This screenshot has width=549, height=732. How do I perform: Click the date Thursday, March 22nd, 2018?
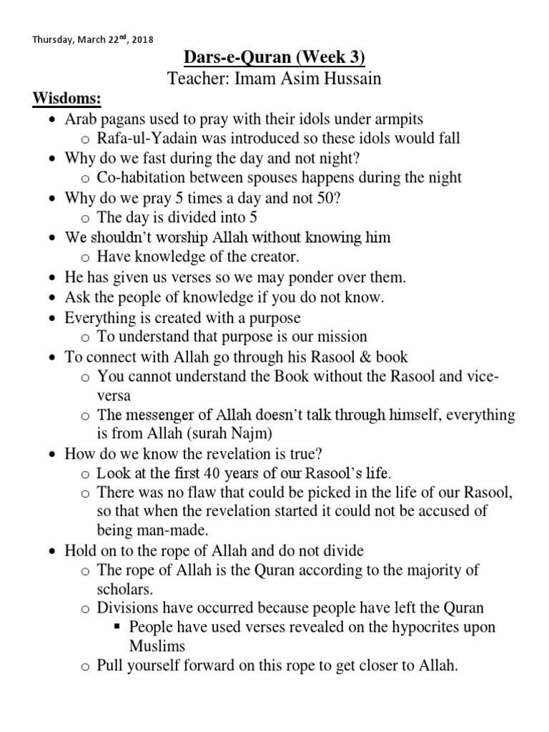[x=92, y=39]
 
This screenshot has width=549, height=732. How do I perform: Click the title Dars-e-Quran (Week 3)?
[x=274, y=59]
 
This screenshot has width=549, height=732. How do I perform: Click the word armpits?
[x=402, y=118]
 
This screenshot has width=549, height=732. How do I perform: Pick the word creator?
[x=269, y=257]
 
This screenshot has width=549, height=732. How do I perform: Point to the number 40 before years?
[x=212, y=473]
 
